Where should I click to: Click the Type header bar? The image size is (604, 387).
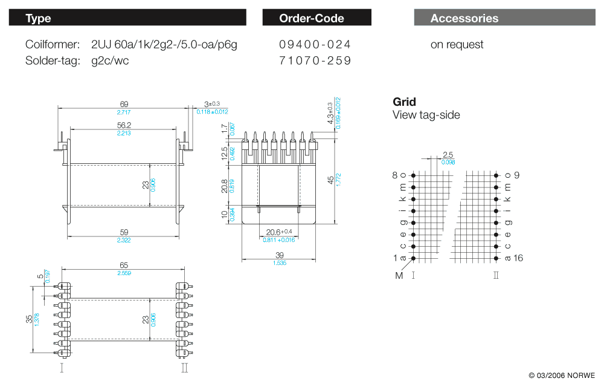click(x=127, y=18)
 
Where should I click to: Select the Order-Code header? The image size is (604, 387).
click(x=316, y=18)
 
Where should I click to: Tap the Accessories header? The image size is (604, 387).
click(x=504, y=18)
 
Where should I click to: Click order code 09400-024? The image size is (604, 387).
click(x=315, y=44)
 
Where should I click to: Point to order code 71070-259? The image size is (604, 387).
click(x=315, y=60)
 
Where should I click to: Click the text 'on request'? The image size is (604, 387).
click(x=457, y=44)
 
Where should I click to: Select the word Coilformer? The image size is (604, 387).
click(x=53, y=44)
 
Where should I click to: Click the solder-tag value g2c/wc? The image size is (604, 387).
click(x=110, y=60)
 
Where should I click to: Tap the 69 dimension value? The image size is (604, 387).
click(x=124, y=105)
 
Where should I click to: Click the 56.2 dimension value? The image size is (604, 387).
click(x=124, y=125)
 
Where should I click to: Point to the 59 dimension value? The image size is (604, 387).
click(x=124, y=232)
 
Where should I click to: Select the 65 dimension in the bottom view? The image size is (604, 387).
click(x=124, y=265)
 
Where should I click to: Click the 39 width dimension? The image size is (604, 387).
click(x=278, y=255)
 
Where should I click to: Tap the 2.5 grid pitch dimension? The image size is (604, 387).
click(x=448, y=155)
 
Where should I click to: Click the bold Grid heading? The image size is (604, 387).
click(x=404, y=102)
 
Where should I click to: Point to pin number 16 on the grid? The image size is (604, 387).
click(x=518, y=258)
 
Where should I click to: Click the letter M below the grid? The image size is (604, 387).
click(x=399, y=276)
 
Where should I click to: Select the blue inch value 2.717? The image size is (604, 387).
click(x=124, y=112)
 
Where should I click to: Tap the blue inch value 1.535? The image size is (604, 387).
click(x=278, y=263)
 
